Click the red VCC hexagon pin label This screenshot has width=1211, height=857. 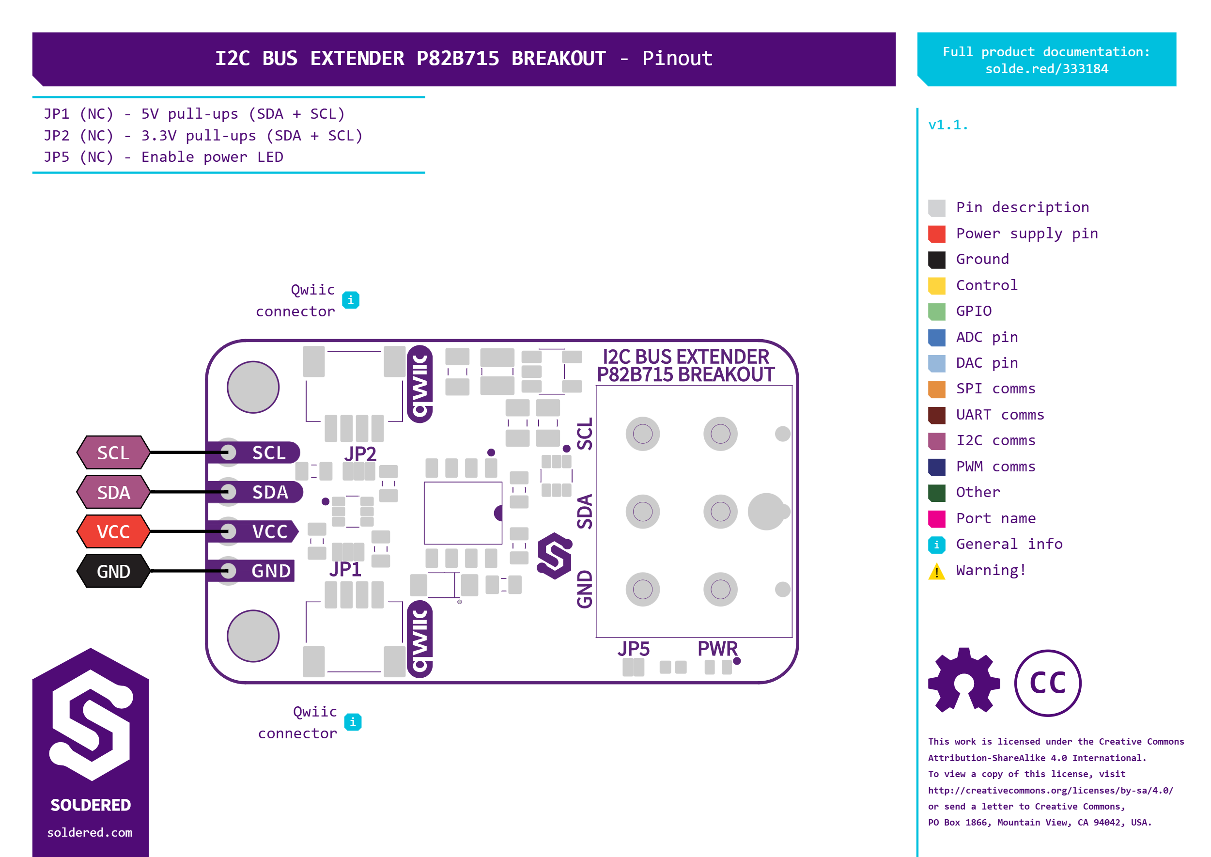pos(113,531)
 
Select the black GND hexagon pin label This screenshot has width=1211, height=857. pos(113,571)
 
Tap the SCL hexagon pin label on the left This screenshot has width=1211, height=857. pos(113,452)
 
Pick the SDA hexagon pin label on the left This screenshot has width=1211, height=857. pos(113,492)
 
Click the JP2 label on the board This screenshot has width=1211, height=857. pos(360,454)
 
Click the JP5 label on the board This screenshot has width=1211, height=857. pos(634,649)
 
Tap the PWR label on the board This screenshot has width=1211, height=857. pos(717,649)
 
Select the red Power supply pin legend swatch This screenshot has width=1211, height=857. pos(937,234)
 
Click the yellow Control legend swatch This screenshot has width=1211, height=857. pos(937,285)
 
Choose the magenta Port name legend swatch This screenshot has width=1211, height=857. pos(937,519)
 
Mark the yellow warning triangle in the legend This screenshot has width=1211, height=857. pos(937,572)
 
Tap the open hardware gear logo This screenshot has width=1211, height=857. pos(964,681)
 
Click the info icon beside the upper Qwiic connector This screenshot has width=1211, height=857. pos(350,300)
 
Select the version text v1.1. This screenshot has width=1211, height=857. pos(947,125)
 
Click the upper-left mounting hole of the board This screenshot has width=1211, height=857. pos(253,387)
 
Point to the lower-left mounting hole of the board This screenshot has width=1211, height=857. pos(253,636)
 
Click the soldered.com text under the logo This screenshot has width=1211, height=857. pos(90,832)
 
